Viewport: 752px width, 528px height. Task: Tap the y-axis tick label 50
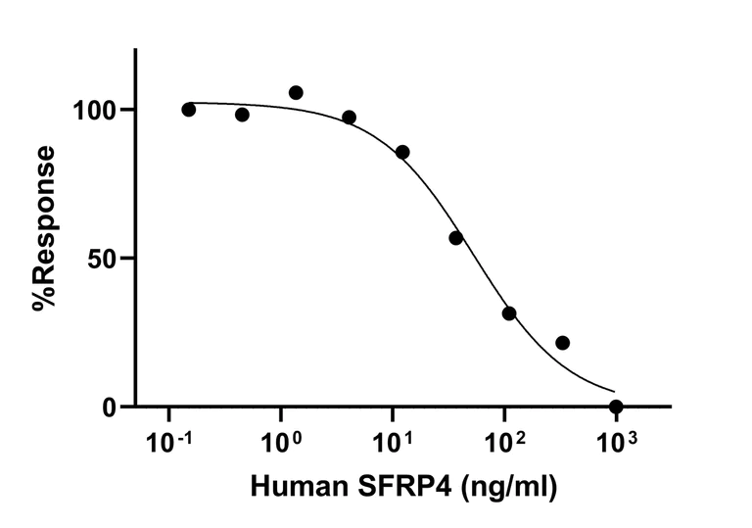click(x=108, y=259)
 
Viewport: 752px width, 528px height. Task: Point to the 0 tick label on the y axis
click(x=115, y=408)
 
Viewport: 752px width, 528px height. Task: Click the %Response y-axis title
click(x=44, y=227)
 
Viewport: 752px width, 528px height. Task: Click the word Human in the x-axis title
click(x=296, y=485)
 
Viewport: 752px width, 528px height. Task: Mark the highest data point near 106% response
click(x=296, y=93)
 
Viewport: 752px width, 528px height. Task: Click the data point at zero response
click(x=616, y=407)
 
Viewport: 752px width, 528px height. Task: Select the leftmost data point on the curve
click(x=189, y=110)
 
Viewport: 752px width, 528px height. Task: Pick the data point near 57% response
click(x=455, y=238)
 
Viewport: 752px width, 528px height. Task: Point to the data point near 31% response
click(x=509, y=313)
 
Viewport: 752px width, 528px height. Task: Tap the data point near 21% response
click(x=562, y=343)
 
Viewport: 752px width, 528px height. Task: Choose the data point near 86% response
click(x=402, y=152)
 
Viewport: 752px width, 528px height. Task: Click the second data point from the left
click(x=242, y=115)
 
